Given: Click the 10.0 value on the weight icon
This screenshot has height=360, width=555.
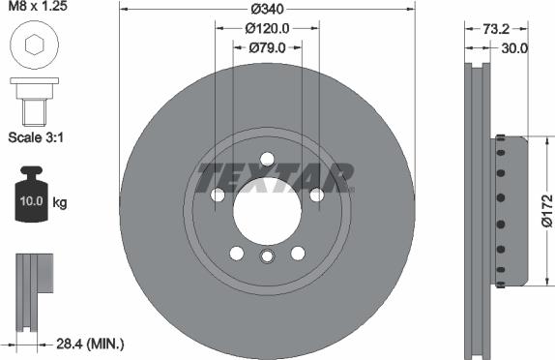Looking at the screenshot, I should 29,203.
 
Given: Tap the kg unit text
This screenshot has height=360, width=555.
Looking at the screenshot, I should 60,203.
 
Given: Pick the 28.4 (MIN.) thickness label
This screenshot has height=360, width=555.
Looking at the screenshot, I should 90,343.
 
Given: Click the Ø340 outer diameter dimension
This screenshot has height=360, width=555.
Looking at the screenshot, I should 266,9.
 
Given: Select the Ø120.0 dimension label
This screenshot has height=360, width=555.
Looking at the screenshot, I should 267,28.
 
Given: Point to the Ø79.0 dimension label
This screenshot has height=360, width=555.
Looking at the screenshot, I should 267,46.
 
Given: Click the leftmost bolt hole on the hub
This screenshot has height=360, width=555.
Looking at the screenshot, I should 218,196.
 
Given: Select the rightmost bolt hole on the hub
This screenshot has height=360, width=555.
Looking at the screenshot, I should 316,196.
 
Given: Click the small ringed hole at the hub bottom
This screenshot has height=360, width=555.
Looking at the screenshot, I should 267,255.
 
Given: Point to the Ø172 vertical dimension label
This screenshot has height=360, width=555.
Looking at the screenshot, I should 547,209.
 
